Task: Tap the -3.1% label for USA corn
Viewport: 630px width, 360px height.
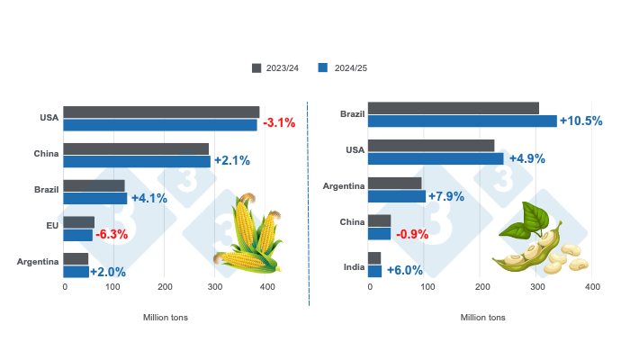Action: click(279, 123)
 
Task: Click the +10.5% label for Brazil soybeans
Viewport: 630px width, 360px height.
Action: click(580, 121)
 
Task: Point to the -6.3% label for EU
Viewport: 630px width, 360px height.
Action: click(112, 234)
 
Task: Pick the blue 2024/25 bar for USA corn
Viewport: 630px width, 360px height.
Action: click(160, 124)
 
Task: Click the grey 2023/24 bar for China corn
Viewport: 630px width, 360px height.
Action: click(136, 148)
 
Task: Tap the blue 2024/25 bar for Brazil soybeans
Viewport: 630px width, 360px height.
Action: click(463, 121)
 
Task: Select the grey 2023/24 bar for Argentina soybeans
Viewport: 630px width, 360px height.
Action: click(395, 183)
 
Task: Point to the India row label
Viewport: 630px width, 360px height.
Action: click(354, 265)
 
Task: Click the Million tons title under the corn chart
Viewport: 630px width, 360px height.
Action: click(166, 317)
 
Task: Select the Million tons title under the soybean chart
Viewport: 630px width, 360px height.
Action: click(482, 317)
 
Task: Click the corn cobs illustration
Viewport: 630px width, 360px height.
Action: click(250, 236)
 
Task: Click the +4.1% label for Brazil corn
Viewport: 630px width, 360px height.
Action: click(149, 198)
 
